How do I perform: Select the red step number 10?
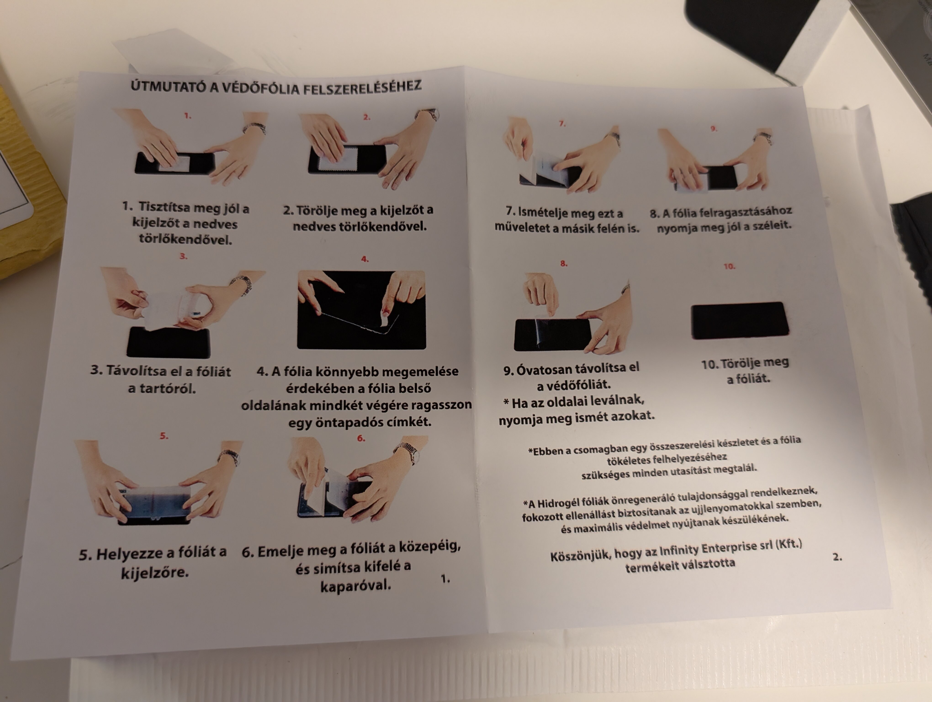(729, 266)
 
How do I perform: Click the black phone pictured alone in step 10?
(739, 320)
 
